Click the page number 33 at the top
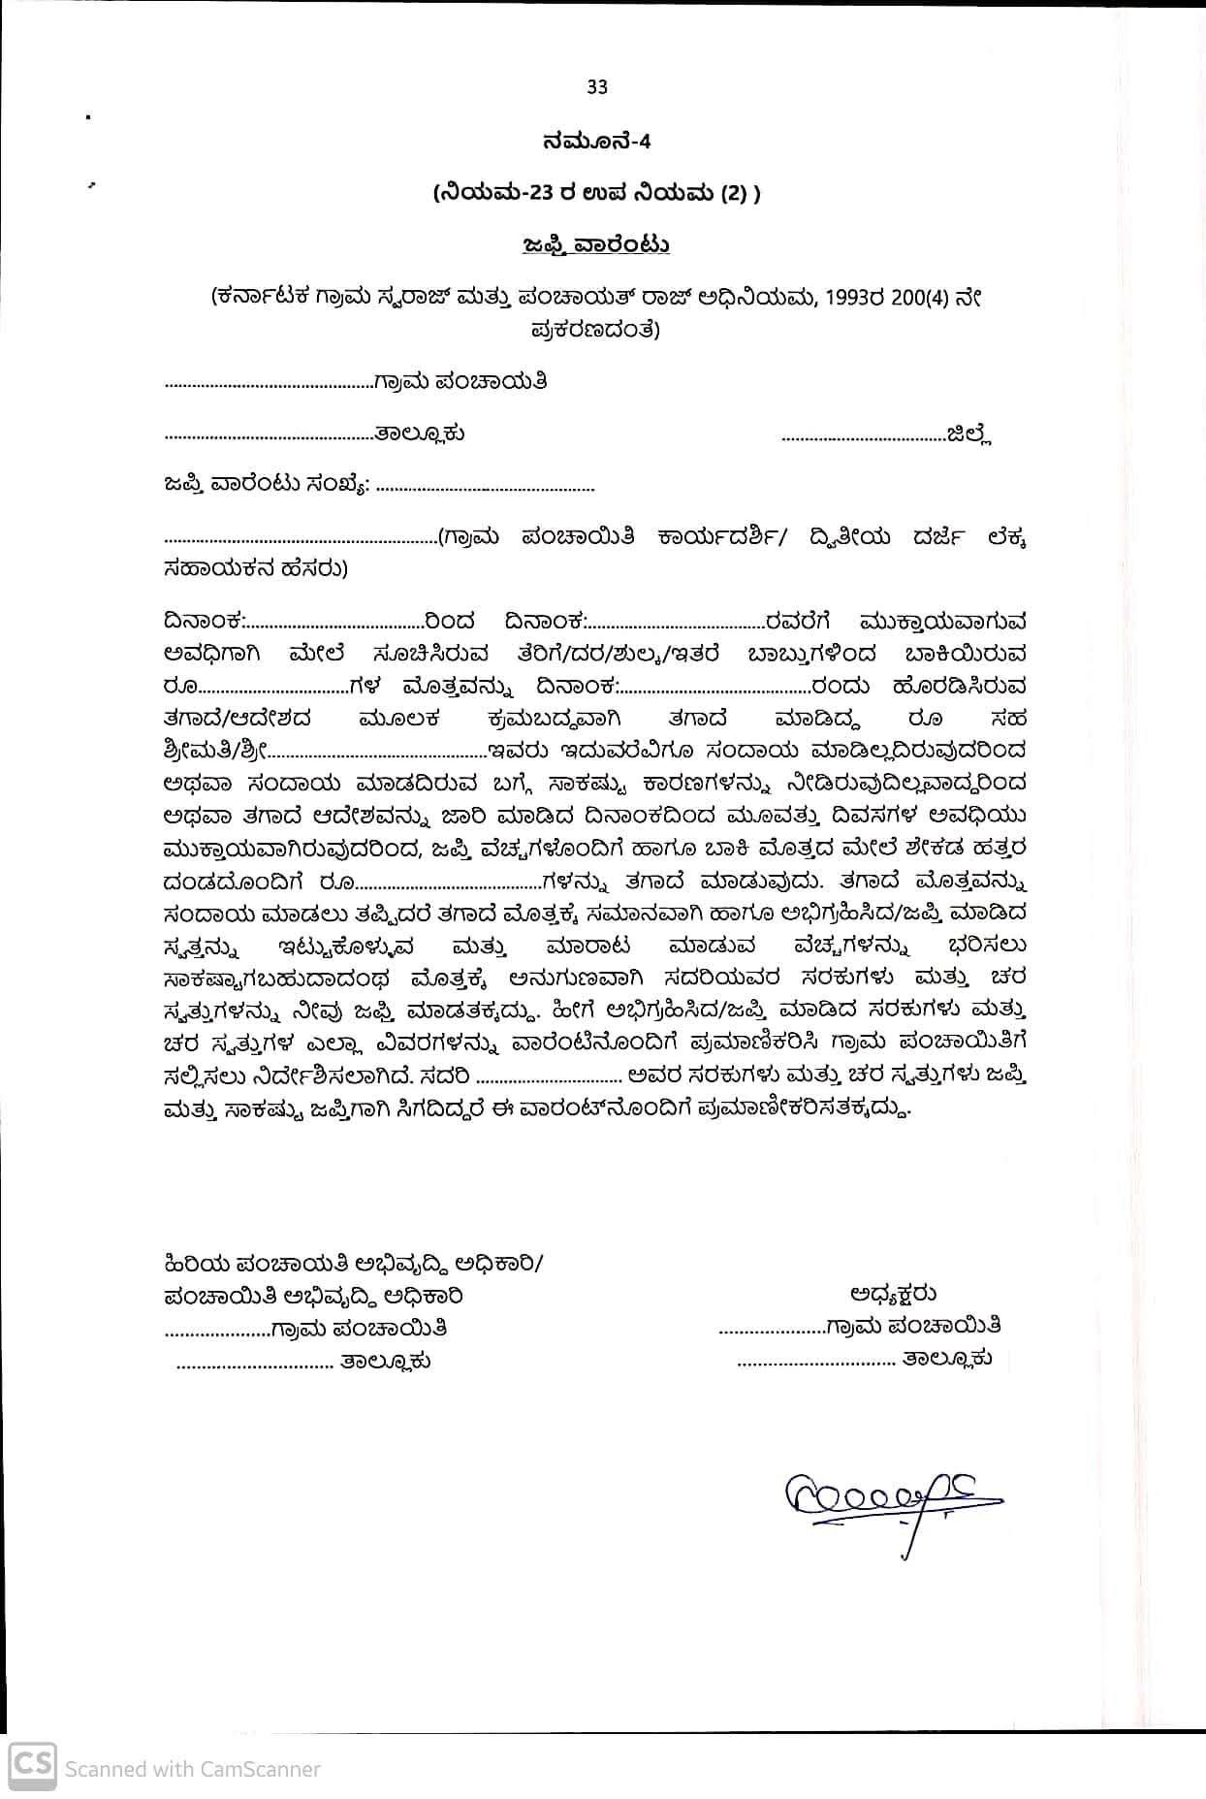tap(597, 87)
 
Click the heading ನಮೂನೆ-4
tap(597, 142)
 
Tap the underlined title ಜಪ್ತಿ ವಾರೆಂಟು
tap(595, 244)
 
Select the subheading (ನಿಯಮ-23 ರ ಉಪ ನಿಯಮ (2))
tap(597, 193)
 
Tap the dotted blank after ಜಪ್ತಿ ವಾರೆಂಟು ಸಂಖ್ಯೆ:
tap(484, 488)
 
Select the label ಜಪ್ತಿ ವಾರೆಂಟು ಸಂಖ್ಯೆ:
tap(266, 484)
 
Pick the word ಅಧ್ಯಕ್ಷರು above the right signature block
tap(893, 1293)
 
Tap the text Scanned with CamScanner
tap(192, 1769)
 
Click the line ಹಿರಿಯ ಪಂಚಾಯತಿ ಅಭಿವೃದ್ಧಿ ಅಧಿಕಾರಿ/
tap(354, 1265)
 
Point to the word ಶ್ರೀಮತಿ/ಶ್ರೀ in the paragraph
tap(214, 751)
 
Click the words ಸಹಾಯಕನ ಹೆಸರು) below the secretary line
tap(256, 568)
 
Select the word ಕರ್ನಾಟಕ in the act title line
tap(263, 299)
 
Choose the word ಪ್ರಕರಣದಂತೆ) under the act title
tap(595, 329)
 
